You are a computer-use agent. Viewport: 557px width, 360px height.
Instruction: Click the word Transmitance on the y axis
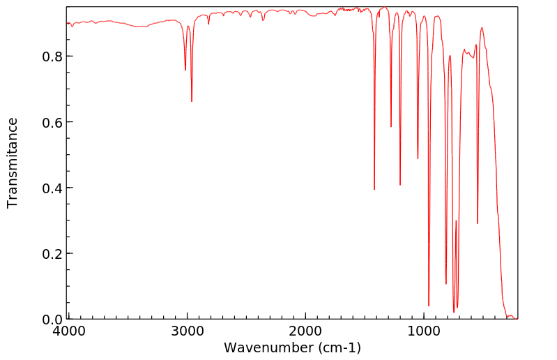[x=13, y=163]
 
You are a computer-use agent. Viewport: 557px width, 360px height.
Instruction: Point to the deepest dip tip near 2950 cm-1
[x=192, y=101]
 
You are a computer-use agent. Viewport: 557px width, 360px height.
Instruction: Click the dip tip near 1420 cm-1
[x=374, y=189]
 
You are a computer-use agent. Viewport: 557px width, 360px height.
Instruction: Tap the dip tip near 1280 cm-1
[x=391, y=126]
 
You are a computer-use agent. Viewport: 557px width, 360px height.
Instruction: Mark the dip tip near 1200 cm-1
[x=400, y=184]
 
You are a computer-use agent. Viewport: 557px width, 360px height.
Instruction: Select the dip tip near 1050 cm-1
[x=418, y=158]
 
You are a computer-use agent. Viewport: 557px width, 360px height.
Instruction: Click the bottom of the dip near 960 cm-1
[x=429, y=306]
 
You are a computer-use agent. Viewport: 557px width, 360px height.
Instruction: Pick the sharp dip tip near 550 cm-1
[x=478, y=223]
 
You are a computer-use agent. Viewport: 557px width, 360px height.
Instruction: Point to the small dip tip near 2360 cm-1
[x=263, y=20]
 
